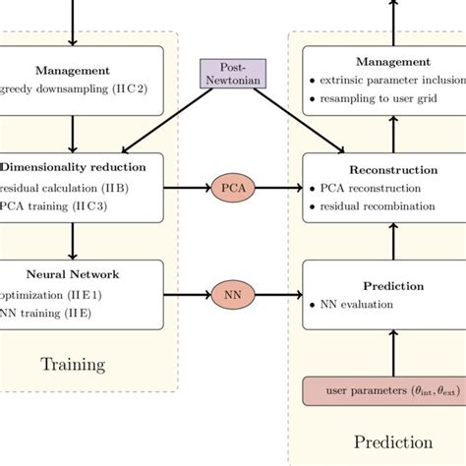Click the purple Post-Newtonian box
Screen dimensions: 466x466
pos(232,73)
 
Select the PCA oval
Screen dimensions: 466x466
pos(233,187)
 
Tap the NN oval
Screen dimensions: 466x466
pos(233,293)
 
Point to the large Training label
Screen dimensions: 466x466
pos(73,365)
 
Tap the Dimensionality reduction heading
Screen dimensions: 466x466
pos(74,167)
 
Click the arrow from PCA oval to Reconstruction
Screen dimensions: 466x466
pos(280,187)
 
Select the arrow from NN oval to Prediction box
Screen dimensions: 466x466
pos(280,293)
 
